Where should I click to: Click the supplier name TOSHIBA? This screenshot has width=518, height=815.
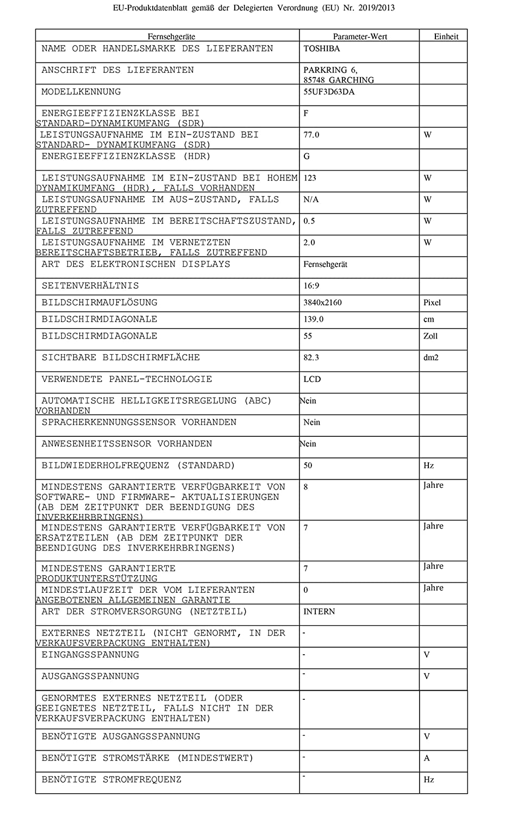pos(321,48)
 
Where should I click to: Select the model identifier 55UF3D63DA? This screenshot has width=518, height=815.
pos(329,92)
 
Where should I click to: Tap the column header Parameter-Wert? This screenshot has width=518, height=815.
pos(360,36)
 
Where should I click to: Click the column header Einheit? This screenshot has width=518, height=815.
pos(446,36)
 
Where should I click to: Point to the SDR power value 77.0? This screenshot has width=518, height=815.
pos(311,135)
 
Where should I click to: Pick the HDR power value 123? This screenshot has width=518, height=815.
pos(310,178)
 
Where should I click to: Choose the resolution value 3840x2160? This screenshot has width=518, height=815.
pos(322,303)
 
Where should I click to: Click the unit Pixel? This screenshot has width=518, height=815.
pos(432,303)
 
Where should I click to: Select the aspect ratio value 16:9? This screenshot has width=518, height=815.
pos(311,286)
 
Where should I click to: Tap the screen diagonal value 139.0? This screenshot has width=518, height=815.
pos(313,319)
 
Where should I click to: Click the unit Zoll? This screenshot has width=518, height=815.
pos(430,336)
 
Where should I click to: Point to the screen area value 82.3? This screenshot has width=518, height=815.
pos(311,358)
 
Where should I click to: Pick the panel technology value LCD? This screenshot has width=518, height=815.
pos(312,379)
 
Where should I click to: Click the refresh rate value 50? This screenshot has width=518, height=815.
pos(308,466)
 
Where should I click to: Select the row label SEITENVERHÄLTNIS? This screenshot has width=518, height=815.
pos(90,286)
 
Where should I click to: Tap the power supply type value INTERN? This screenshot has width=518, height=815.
pos(319,612)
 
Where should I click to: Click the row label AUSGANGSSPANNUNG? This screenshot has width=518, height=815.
pos(90,676)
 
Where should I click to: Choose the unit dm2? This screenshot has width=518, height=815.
pos(431,358)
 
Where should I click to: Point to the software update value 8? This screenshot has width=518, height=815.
pos(305,487)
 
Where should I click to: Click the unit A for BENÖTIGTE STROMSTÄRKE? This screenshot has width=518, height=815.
pos(427,758)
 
